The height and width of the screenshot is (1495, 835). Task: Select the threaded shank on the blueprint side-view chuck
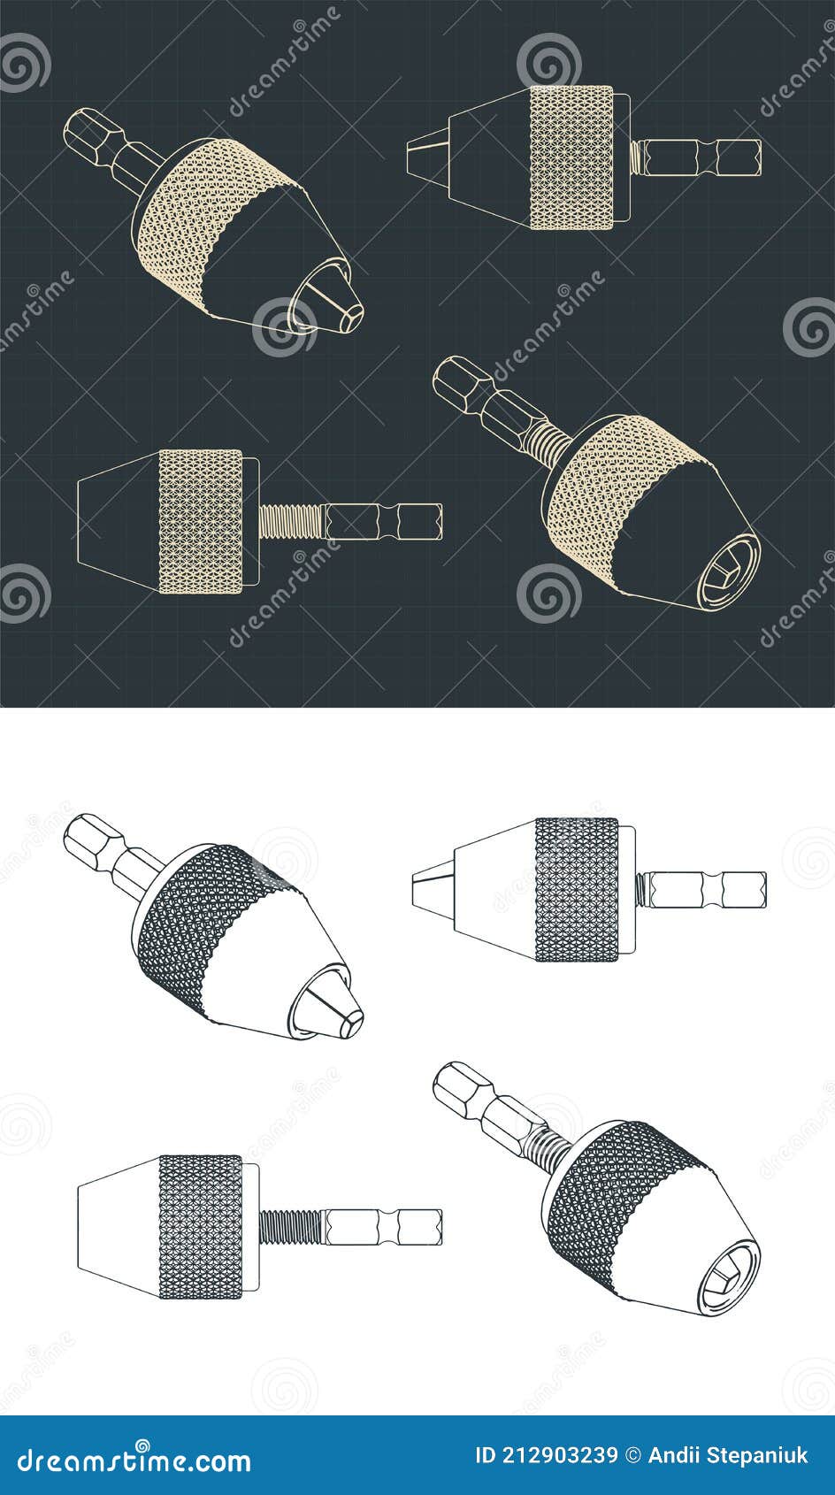coord(292,521)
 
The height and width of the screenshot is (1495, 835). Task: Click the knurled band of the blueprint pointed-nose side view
coord(571,157)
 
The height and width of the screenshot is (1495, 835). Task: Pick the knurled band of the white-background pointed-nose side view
coord(577,889)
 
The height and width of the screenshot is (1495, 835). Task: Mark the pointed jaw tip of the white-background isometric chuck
coord(334,1009)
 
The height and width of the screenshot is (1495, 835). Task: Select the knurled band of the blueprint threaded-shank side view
coord(201,521)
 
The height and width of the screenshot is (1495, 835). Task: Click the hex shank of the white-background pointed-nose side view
coord(708,889)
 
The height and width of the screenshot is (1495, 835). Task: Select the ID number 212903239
coord(547,1455)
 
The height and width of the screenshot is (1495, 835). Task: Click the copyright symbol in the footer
coord(632,1455)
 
